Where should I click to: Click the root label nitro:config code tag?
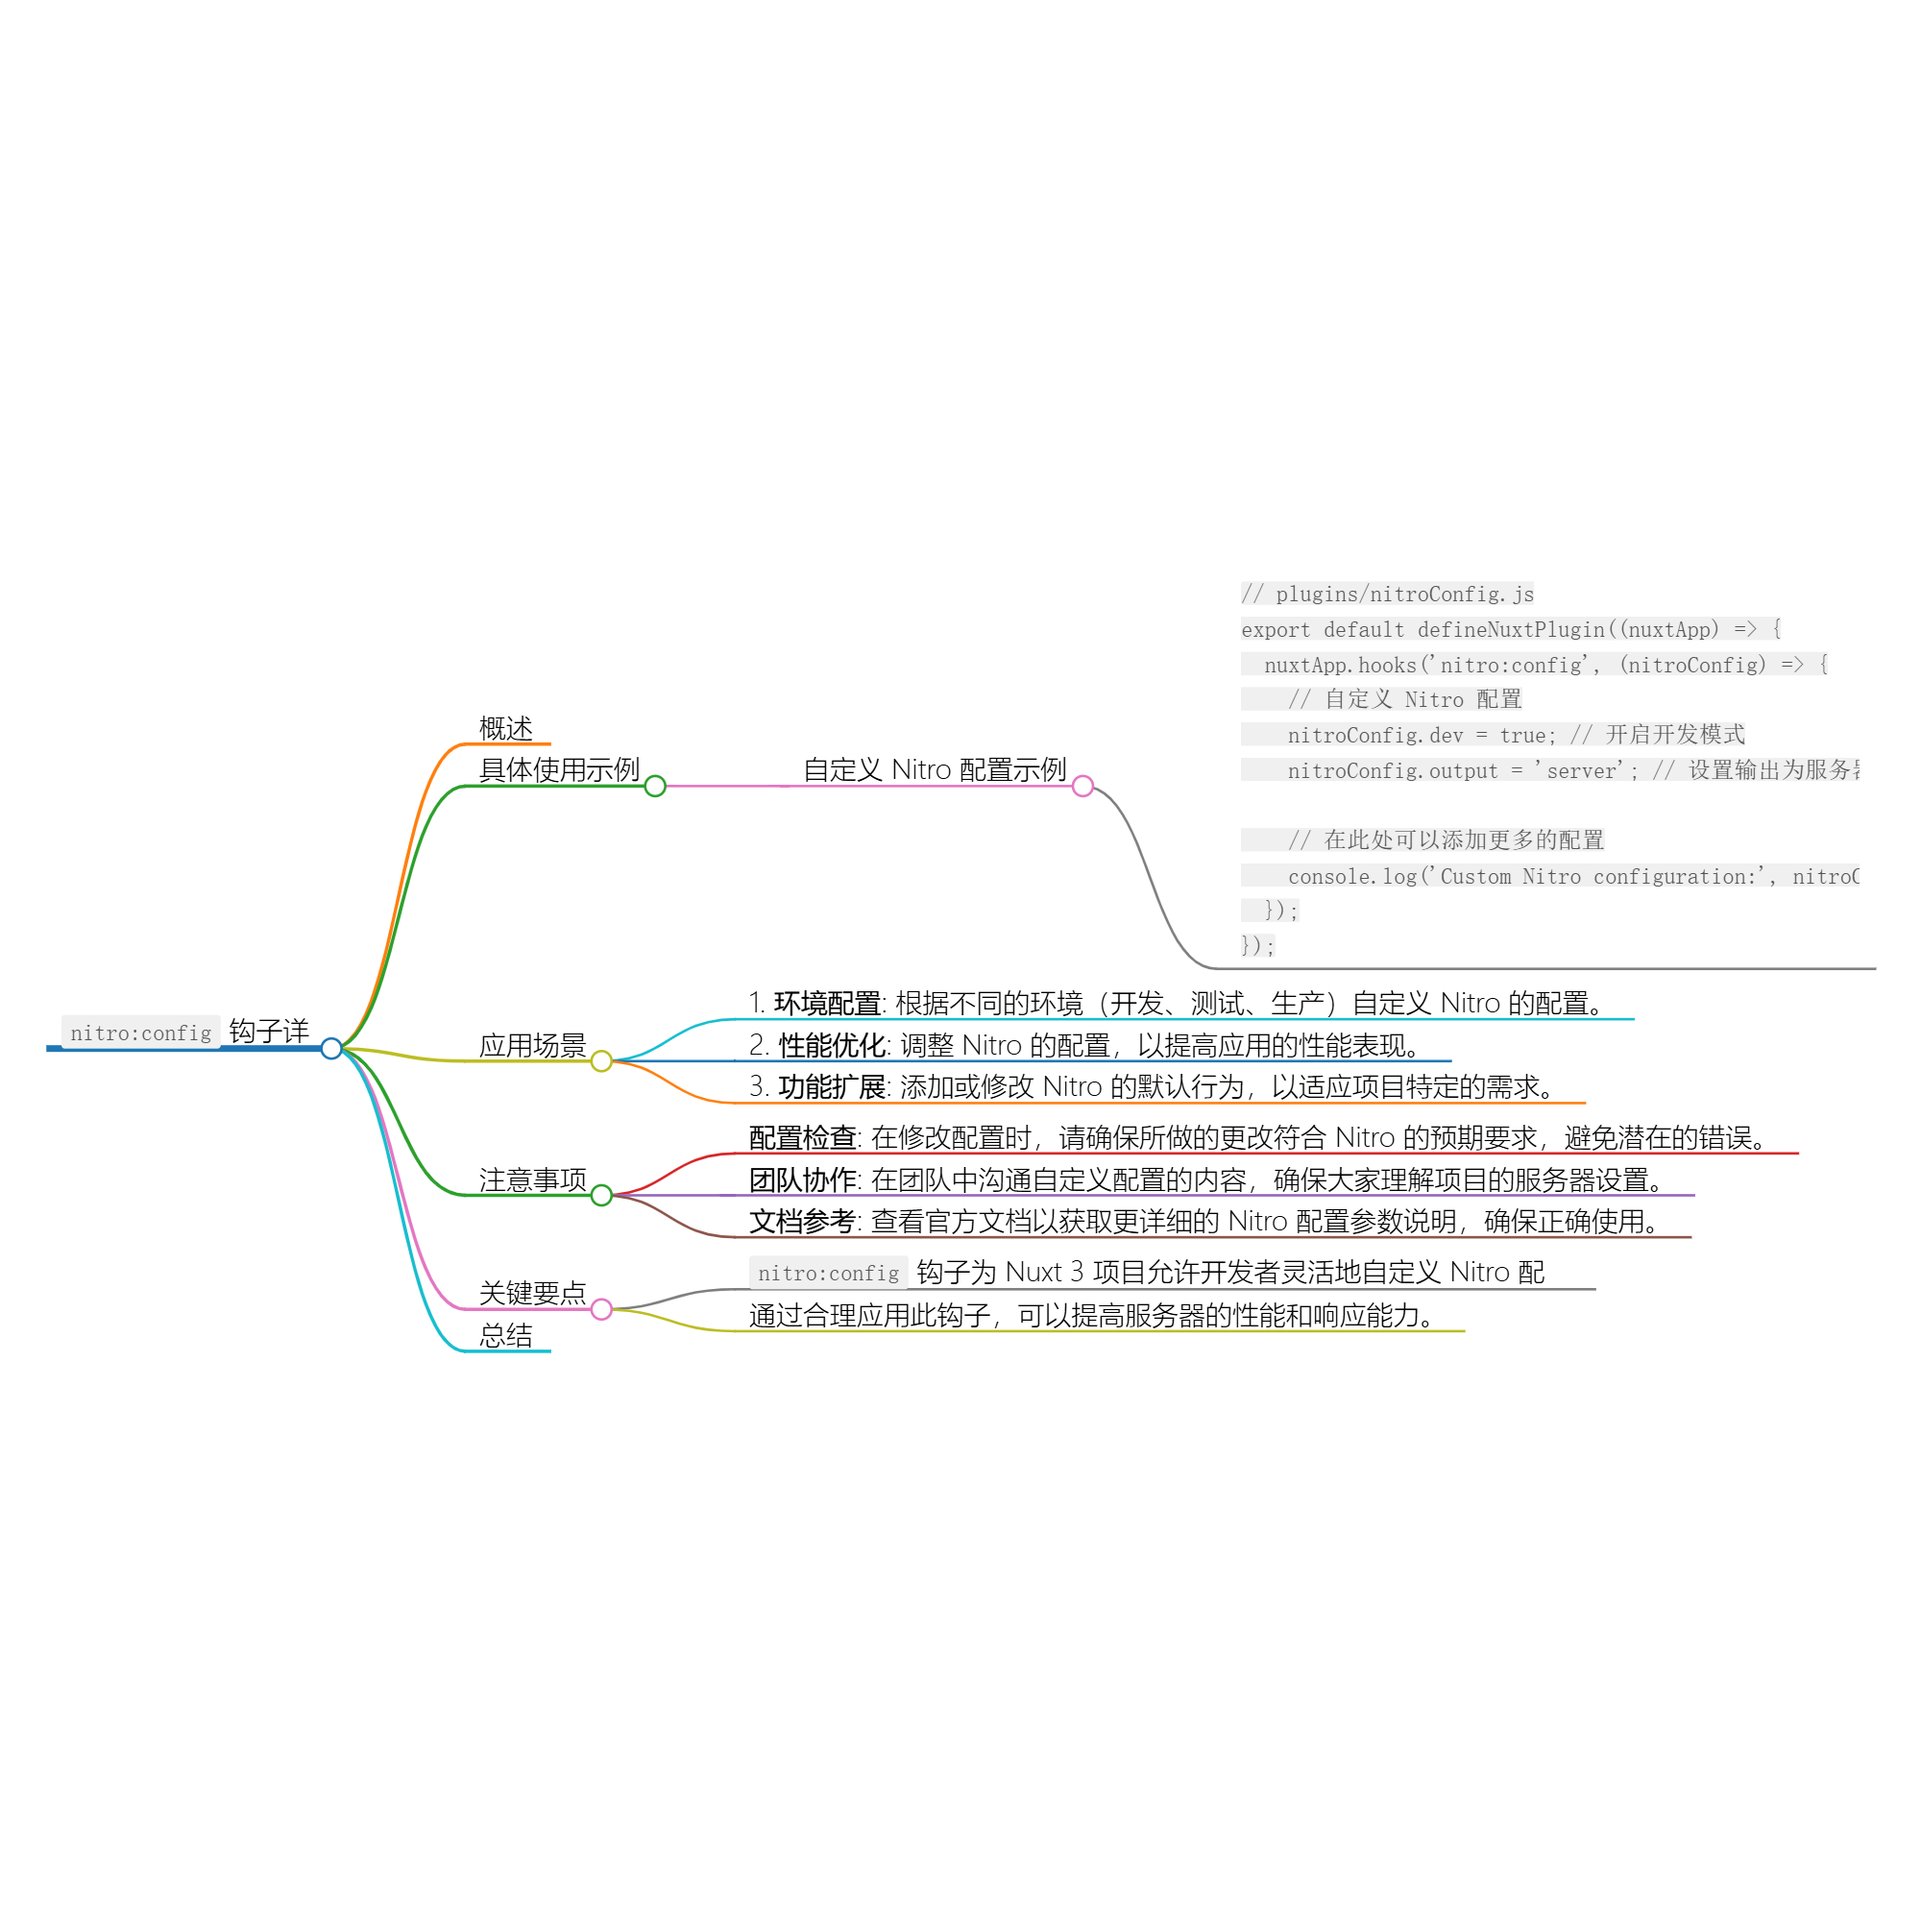coord(140,1033)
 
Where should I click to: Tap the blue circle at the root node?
coord(332,1048)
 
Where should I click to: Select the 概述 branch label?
coord(505,729)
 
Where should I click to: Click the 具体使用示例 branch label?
coord(559,769)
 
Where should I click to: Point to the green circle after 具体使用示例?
coord(655,787)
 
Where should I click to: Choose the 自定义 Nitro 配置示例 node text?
coord(934,769)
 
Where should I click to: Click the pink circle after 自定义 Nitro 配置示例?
coord(1082,787)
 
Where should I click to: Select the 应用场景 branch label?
coord(532,1045)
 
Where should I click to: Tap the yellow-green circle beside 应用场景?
coord(601,1062)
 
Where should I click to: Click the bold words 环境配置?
coord(827,1004)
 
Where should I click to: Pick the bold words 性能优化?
coord(832,1045)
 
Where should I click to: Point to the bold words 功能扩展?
coord(832,1086)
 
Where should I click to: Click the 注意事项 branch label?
coord(532,1179)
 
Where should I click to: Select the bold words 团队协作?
coord(802,1179)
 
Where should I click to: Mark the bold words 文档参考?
coord(802,1221)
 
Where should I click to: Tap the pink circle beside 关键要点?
coord(601,1309)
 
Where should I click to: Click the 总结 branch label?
coord(505,1335)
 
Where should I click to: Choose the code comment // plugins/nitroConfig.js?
coord(1387,595)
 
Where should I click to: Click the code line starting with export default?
coord(1509,629)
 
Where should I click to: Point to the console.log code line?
coord(1571,876)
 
